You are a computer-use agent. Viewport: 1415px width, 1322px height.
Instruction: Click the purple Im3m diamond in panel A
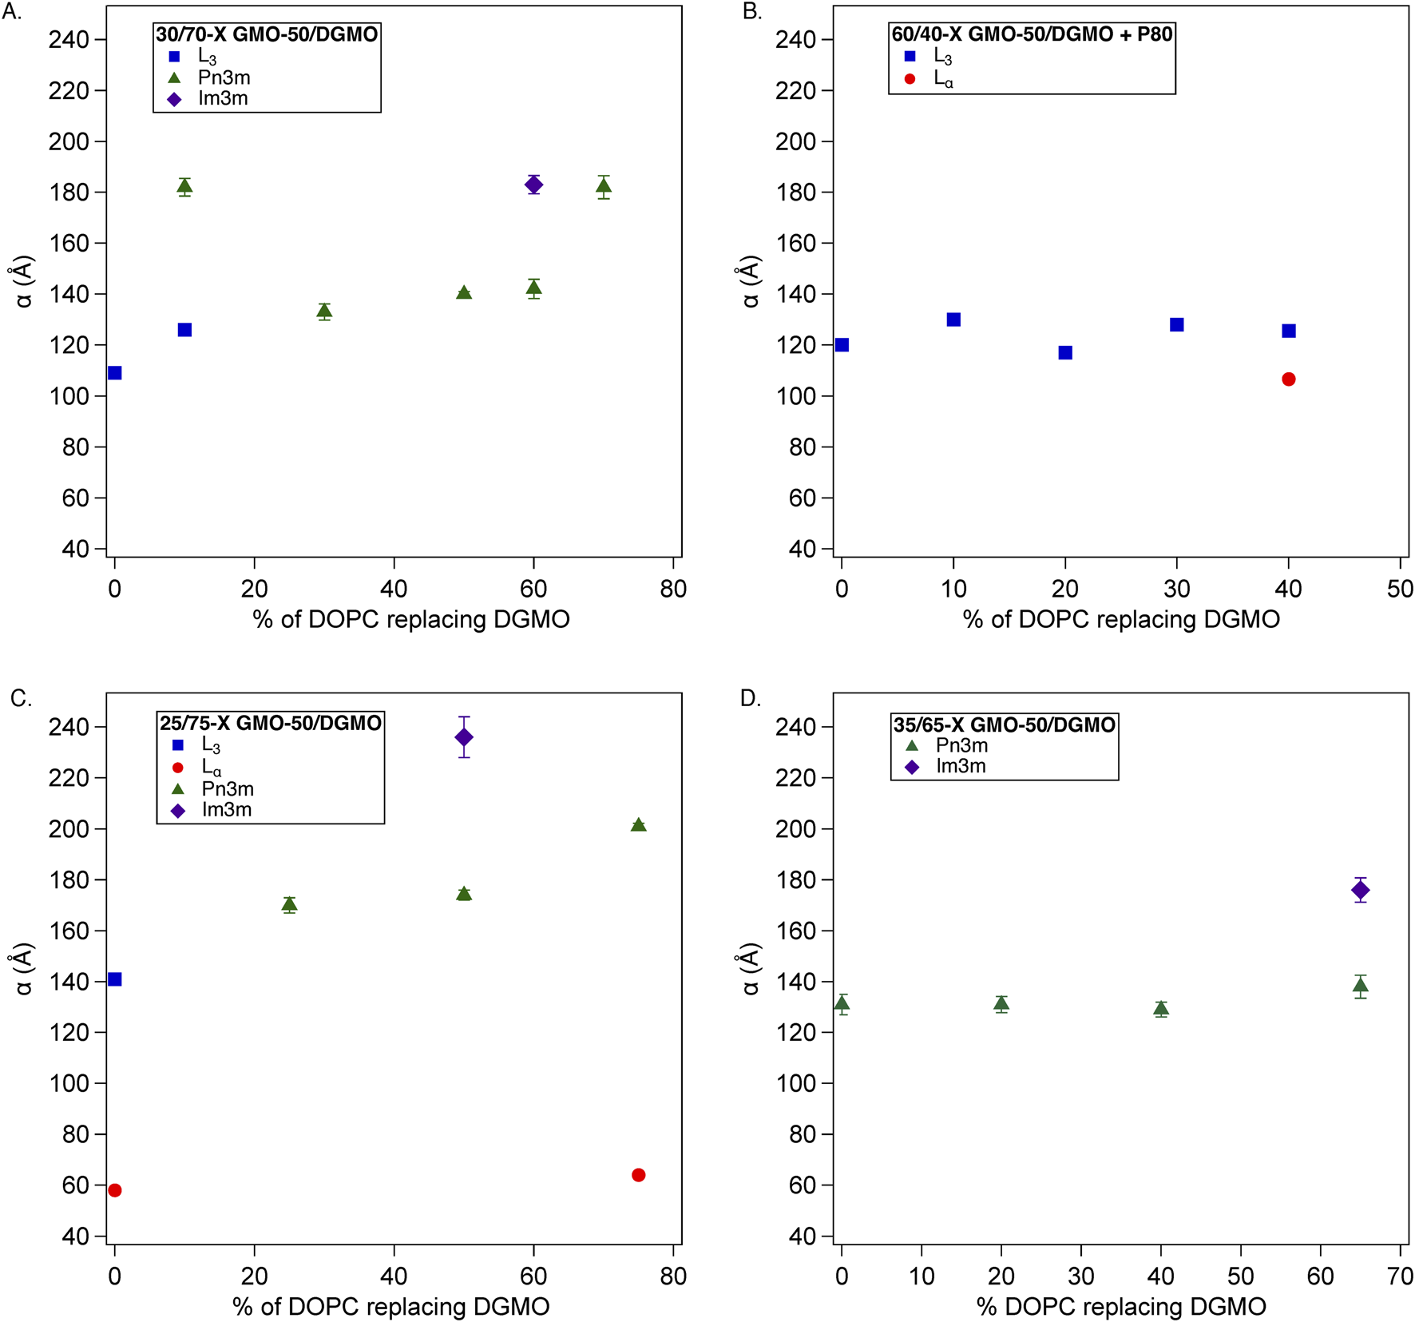tap(533, 185)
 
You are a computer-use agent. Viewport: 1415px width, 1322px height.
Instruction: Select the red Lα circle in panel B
tap(1288, 379)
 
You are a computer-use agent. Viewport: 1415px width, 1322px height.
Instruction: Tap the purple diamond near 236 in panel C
tap(464, 736)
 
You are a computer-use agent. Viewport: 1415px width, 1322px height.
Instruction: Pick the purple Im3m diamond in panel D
tap(1361, 890)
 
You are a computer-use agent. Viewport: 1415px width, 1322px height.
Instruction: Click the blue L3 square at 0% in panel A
tap(115, 373)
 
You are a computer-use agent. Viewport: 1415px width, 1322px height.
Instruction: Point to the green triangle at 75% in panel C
tap(638, 825)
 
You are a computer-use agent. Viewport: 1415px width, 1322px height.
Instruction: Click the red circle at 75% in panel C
tap(638, 1175)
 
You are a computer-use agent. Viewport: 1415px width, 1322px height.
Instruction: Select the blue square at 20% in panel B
tap(1065, 352)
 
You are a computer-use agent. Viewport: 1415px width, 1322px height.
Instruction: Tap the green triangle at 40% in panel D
tap(1161, 1008)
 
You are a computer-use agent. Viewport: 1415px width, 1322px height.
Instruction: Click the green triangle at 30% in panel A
tap(324, 311)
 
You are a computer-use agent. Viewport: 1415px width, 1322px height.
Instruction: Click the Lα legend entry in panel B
tap(943, 79)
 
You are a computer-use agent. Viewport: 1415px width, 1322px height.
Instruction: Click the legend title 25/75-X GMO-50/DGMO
tap(271, 723)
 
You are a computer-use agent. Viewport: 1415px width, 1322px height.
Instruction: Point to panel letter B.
tap(751, 11)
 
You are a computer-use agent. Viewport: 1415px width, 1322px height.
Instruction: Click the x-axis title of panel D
tap(1121, 1306)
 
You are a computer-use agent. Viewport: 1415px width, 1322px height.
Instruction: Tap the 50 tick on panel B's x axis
tap(1400, 590)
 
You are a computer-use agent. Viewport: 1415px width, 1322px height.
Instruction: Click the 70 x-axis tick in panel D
tap(1400, 1276)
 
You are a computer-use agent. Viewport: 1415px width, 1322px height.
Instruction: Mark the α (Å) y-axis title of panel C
tap(24, 969)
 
